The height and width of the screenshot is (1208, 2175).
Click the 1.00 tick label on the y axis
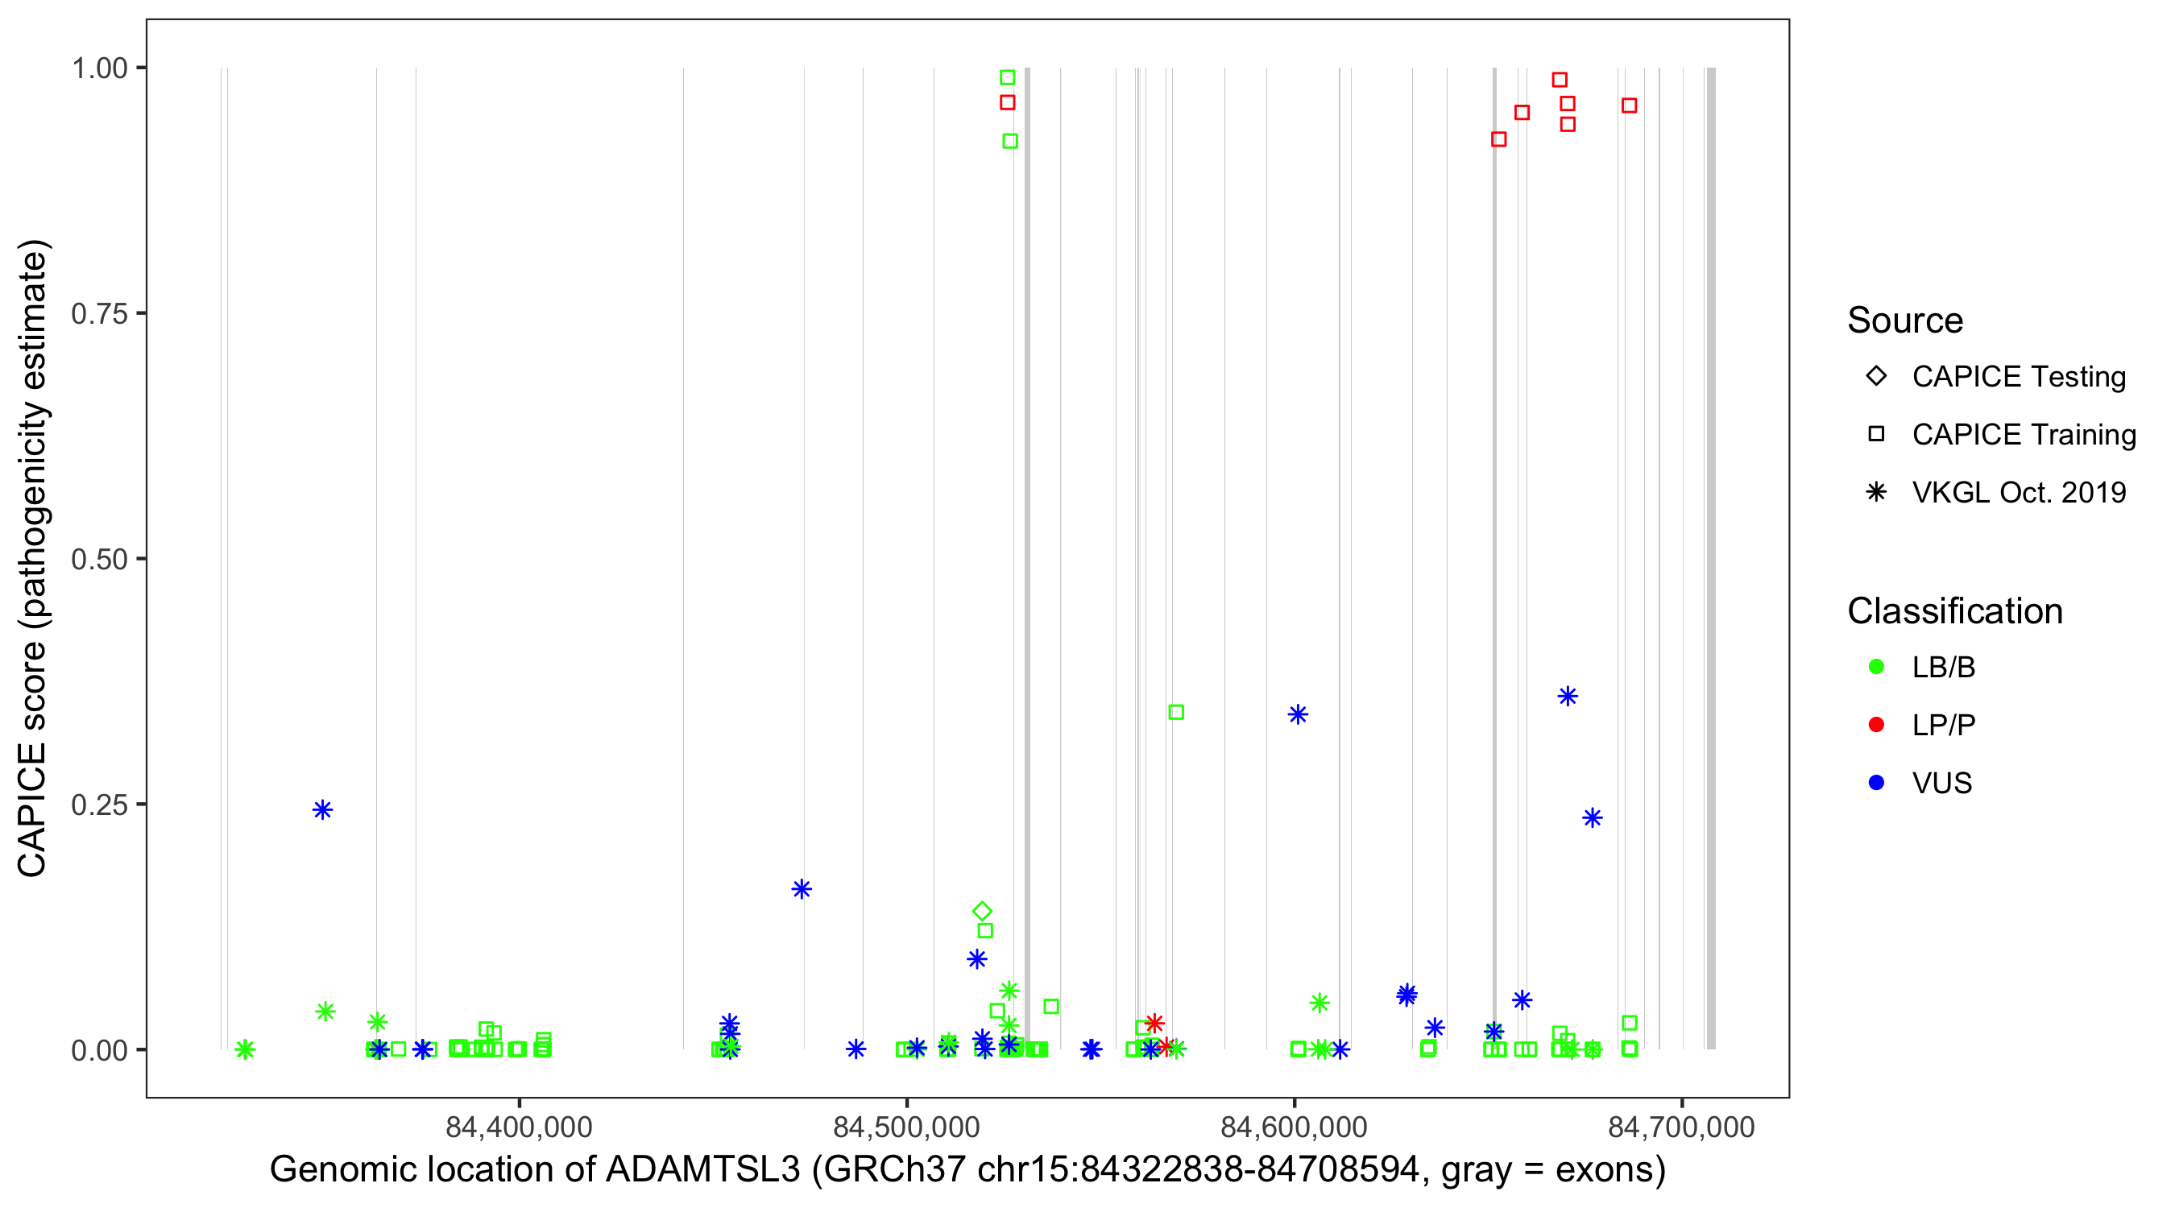coord(99,68)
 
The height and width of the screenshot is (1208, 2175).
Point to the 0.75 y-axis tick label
coord(99,314)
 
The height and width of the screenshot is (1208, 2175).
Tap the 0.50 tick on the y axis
coord(99,560)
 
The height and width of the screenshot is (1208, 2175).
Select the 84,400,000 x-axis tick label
coord(519,1127)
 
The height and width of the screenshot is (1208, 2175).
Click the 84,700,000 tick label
coord(1681,1127)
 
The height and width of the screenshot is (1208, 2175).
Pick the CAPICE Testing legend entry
coord(2018,377)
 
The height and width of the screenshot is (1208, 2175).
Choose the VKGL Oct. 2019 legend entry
coord(2018,492)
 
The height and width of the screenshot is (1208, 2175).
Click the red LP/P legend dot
coord(1876,725)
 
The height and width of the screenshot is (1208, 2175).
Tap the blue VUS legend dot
coord(1876,783)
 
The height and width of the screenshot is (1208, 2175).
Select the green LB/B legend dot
coord(1876,667)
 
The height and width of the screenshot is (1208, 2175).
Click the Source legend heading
coord(1905,321)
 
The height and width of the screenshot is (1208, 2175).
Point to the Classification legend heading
coord(1954,611)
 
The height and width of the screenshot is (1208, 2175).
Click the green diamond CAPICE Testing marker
coord(981,912)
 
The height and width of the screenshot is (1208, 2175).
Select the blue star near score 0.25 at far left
coord(322,810)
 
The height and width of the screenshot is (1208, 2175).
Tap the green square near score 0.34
coord(1176,713)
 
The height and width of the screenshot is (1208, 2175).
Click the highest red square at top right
coord(1560,81)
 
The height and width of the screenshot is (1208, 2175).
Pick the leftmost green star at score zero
coord(245,1050)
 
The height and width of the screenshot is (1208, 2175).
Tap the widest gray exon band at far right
coord(1711,557)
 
